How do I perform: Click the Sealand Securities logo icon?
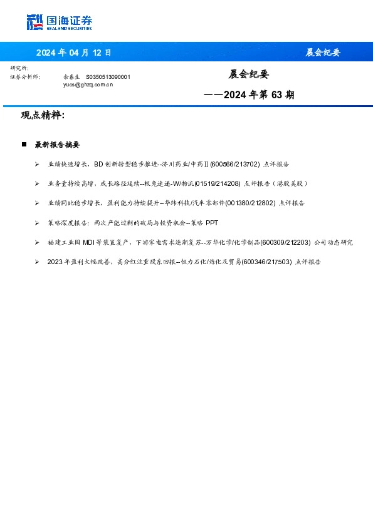click(34, 23)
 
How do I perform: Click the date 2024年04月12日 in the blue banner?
click(73, 53)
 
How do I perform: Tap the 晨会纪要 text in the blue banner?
click(323, 53)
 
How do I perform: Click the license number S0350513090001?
click(108, 76)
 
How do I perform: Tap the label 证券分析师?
click(25, 76)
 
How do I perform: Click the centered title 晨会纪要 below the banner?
click(248, 74)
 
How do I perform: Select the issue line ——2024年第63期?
click(249, 95)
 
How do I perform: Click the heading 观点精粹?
click(43, 115)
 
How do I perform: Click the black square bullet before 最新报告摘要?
click(24, 145)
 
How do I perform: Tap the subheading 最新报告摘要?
click(57, 145)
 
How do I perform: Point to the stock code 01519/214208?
click(218, 183)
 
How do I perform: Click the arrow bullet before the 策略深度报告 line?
click(37, 223)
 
